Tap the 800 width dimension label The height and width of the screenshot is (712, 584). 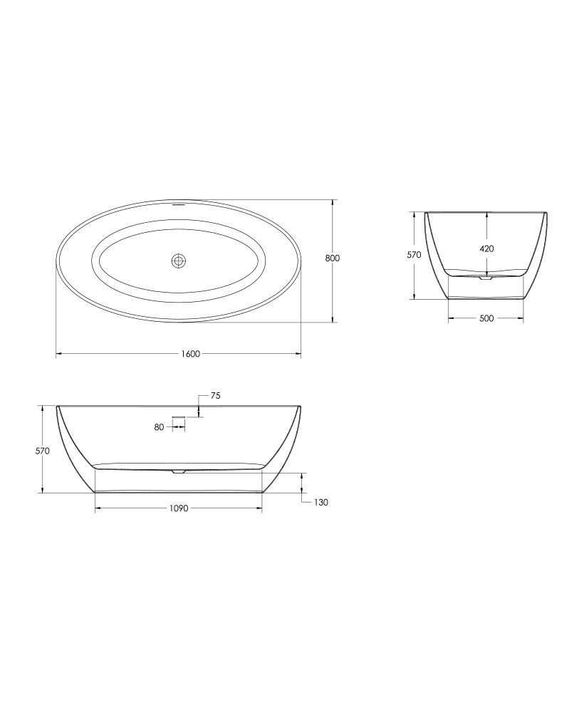[x=333, y=258]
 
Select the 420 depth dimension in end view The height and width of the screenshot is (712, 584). [x=486, y=248]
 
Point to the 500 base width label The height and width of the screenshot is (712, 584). [x=486, y=318]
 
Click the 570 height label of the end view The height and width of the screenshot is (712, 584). [x=414, y=255]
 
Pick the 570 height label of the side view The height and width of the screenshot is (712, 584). [x=42, y=451]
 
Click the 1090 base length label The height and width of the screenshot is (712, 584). [x=179, y=508]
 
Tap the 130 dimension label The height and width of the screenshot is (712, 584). [x=320, y=503]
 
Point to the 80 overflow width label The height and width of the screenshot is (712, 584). [x=159, y=426]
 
